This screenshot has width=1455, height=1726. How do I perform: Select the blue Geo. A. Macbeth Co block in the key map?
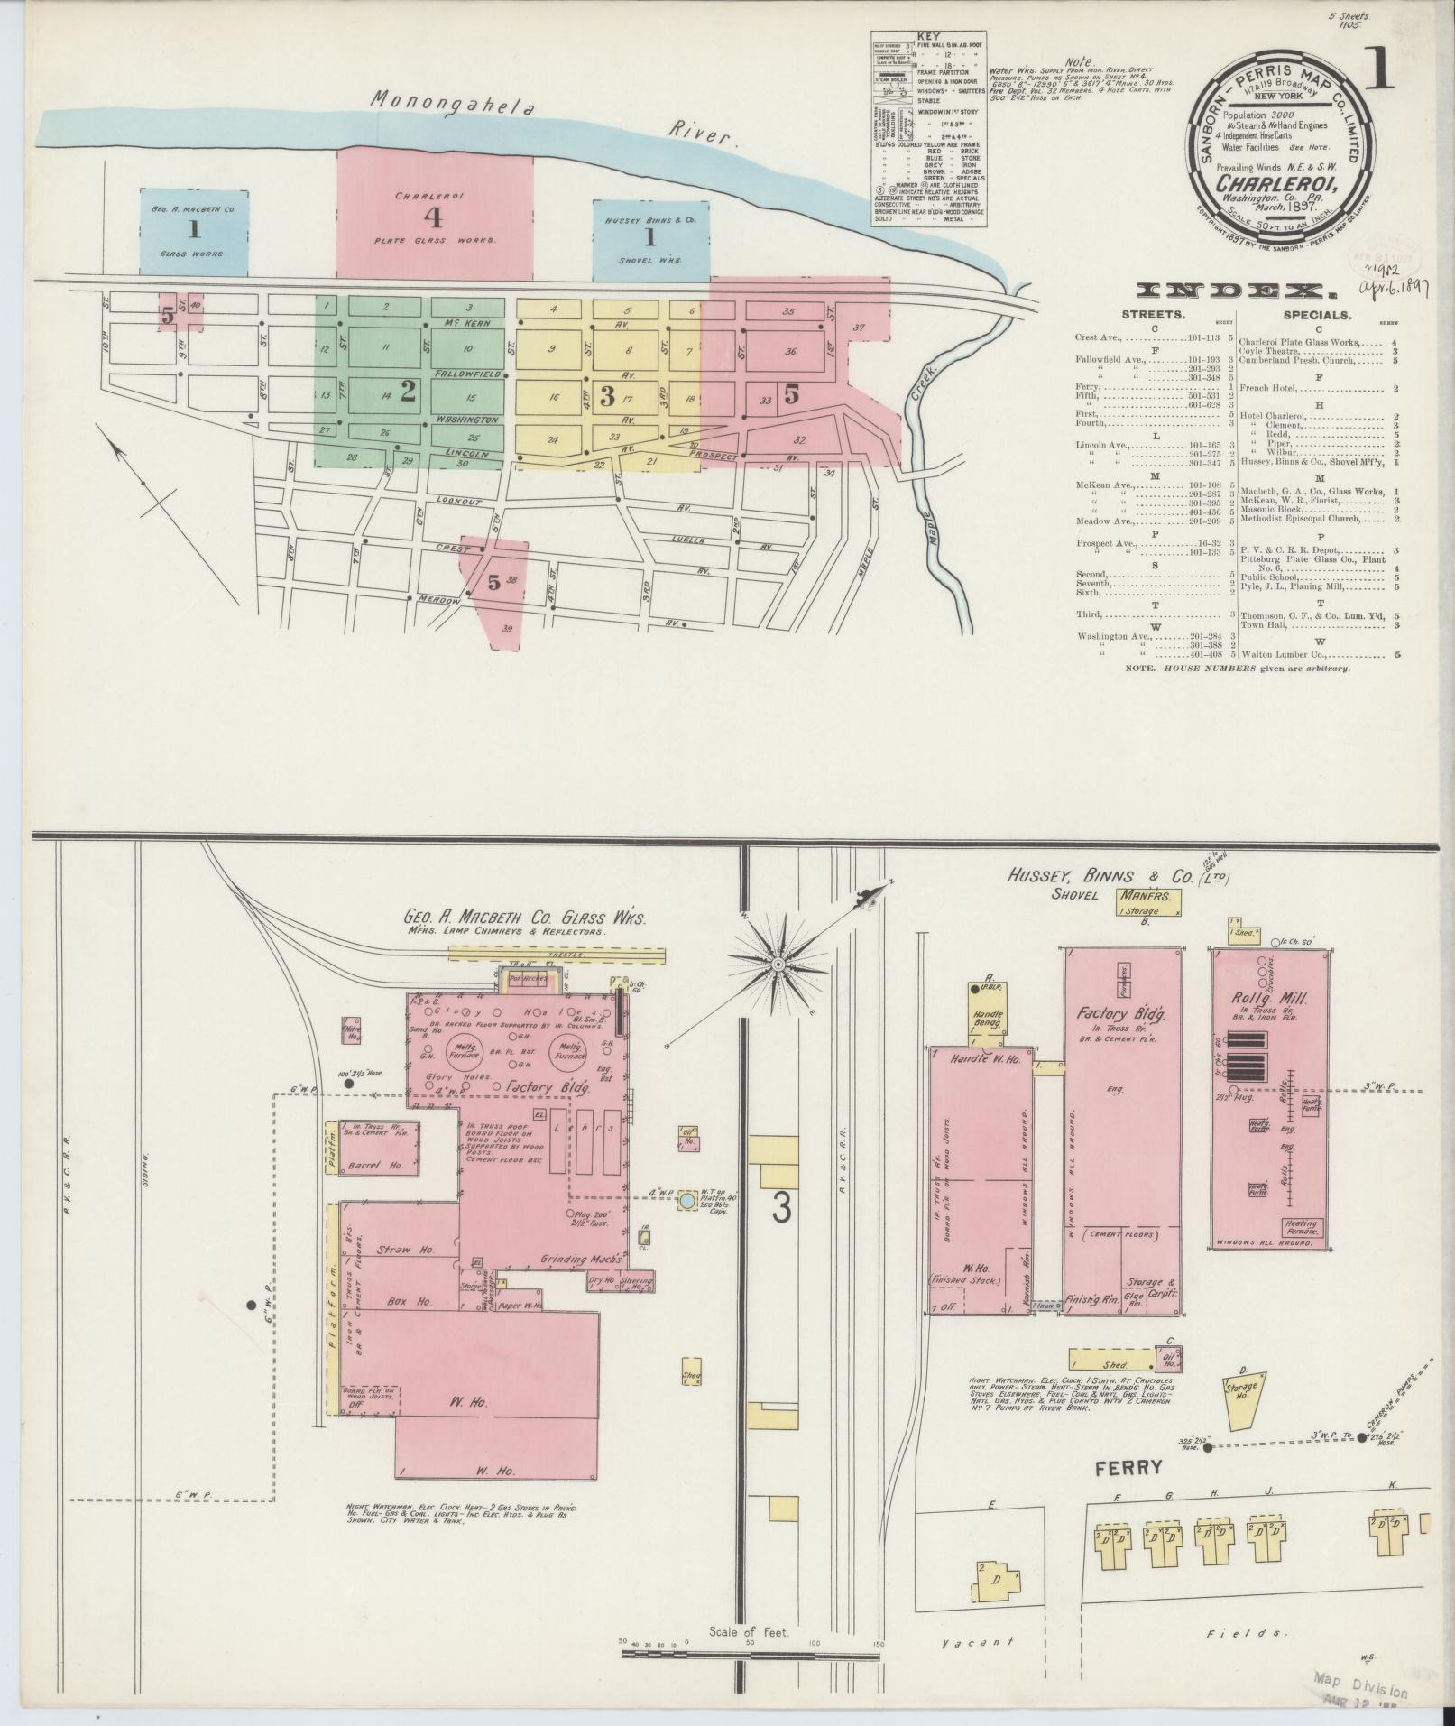click(193, 232)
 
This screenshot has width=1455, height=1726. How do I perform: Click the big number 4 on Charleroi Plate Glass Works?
click(434, 217)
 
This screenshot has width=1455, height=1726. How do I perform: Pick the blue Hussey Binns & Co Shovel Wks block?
click(649, 238)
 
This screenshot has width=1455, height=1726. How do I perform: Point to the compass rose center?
click(777, 965)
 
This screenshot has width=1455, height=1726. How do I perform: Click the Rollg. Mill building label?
click(1268, 999)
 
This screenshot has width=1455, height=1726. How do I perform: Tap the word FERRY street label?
click(1129, 1468)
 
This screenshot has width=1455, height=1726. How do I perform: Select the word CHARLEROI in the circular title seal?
click(1276, 190)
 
